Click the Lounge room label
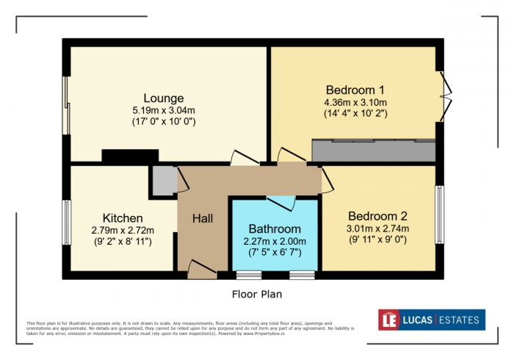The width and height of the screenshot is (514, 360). coord(163,98)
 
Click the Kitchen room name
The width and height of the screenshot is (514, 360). coord(123,218)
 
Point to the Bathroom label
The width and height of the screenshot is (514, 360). coord(275,228)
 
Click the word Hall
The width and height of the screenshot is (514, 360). coord(203,218)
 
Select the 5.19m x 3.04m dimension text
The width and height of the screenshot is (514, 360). coord(163,110)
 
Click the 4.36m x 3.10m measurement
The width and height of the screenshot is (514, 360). coord(355,102)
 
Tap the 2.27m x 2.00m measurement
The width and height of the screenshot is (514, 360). coord(275,241)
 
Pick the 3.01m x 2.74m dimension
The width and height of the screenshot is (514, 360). coord(377,228)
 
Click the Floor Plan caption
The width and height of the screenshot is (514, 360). coord(257,294)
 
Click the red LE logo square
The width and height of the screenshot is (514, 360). coord(389,320)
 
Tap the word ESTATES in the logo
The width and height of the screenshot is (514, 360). coord(460,320)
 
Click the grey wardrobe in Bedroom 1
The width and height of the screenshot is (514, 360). coord(374,151)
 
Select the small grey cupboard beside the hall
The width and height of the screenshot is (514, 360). coord(163,180)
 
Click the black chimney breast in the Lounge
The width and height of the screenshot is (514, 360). coord(130,156)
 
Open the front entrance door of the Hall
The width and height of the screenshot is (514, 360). coord(199,269)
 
